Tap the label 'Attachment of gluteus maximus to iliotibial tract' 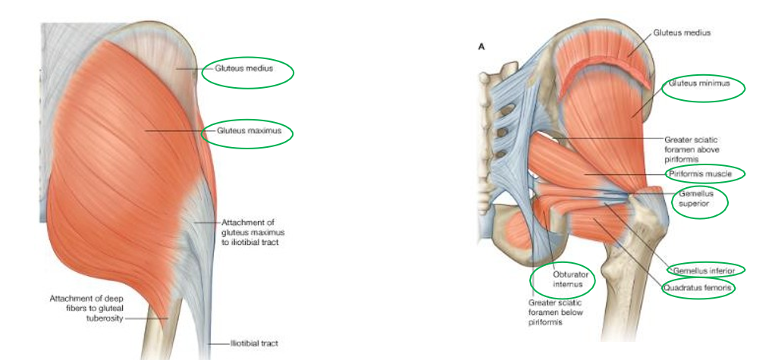[x=253, y=232]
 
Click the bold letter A [x=479, y=46]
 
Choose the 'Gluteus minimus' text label [x=698, y=83]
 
